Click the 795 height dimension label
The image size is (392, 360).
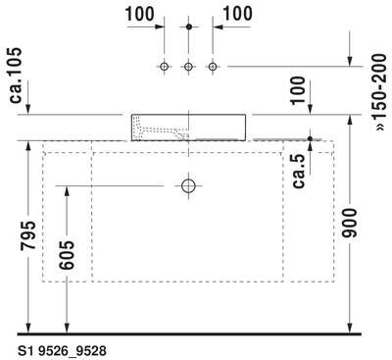point(27,235)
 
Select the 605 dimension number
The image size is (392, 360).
point(67,255)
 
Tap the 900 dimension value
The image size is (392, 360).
point(350,223)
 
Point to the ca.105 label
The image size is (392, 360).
point(16,76)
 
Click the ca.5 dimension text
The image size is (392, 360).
point(299,171)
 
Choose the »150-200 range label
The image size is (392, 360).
point(380,93)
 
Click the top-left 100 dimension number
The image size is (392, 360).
point(139,15)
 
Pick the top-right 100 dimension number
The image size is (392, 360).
point(237,14)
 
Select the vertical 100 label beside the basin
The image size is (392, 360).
point(298,90)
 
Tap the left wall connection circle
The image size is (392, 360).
point(164,67)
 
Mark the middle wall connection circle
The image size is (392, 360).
point(188,67)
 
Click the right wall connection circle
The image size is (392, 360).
point(213,67)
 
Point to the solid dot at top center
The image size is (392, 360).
point(188,26)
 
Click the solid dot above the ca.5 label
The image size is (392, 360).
point(310,139)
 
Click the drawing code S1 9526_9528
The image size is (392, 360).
point(62,351)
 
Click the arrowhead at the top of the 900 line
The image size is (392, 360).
point(350,120)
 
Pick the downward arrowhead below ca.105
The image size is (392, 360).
point(27,109)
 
